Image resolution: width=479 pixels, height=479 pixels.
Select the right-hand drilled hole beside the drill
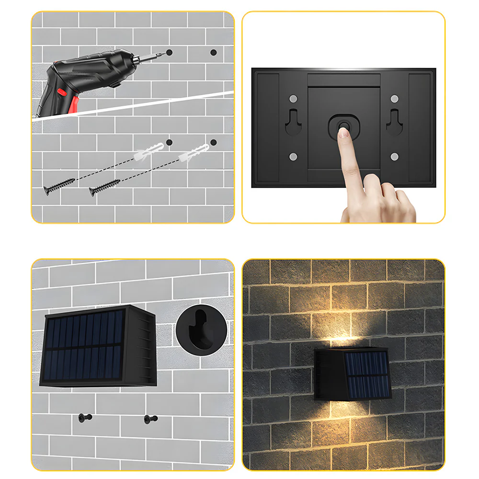click(214, 52)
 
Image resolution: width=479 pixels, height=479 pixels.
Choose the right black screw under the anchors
click(104, 187)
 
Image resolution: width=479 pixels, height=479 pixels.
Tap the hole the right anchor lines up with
click(214, 142)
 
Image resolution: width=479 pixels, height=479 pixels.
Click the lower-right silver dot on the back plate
click(394, 157)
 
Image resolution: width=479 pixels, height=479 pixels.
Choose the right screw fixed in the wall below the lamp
click(150, 419)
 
